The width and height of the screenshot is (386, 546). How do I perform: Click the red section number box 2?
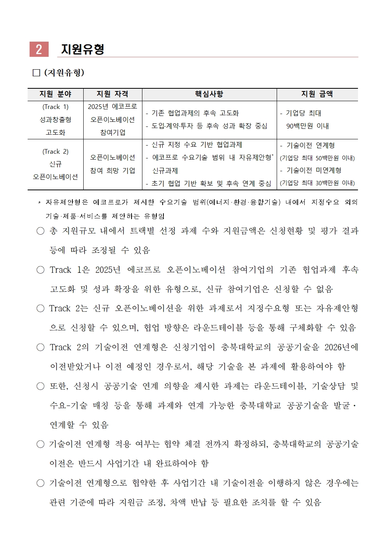39,49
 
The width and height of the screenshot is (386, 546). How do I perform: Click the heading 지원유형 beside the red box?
82,49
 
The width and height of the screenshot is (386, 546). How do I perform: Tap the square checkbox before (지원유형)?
37,73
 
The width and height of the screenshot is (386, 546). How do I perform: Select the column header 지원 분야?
55,94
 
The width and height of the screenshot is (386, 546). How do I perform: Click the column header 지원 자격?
112,94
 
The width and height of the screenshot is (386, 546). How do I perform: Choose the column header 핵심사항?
209,94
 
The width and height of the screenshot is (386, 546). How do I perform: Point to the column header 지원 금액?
317,94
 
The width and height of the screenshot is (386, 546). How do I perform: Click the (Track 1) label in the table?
55,107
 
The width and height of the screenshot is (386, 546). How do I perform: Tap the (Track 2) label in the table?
55,151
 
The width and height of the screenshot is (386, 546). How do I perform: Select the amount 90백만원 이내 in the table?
307,126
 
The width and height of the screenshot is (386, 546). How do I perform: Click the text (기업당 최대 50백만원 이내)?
317,158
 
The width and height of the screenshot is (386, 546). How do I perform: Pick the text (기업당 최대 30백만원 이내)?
317,183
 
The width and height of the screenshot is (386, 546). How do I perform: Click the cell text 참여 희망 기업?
112,170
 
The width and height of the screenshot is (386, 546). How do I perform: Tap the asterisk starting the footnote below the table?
39,203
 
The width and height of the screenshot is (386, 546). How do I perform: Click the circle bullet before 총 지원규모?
40,231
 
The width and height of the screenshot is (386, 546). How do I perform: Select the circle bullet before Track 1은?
40,270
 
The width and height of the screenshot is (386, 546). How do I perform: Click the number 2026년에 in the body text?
341,347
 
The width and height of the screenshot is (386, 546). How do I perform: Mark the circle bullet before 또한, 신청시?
40,386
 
